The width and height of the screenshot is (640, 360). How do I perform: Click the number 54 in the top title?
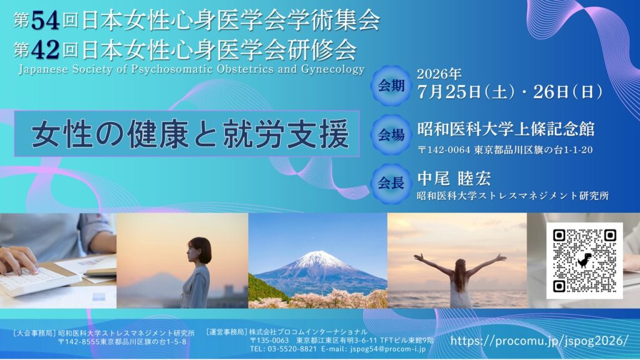(45, 21)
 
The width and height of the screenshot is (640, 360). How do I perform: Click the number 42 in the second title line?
(45, 51)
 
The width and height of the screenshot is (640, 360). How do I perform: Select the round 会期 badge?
(391, 86)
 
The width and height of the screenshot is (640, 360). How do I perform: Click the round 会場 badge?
(391, 135)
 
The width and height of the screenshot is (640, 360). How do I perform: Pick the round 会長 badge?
(391, 183)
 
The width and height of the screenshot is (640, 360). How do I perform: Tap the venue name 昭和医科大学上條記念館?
(506, 129)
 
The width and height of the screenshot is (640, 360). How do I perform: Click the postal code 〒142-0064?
(444, 150)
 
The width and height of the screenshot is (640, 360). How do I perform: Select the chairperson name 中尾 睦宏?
(454, 179)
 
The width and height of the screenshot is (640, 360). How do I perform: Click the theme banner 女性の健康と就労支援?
(187, 134)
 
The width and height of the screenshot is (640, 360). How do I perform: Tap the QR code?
(584, 261)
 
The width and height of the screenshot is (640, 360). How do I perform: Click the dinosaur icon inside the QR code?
(584, 261)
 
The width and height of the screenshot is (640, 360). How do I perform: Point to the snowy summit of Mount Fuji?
(316, 256)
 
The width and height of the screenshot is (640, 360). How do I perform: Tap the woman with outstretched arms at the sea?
(460, 279)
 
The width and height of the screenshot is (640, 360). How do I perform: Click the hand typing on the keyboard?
(18, 261)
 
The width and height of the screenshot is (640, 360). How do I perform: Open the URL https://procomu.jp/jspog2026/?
(539, 341)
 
